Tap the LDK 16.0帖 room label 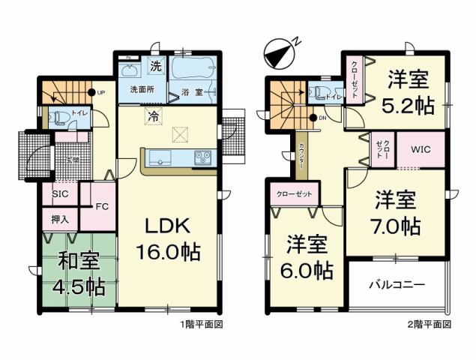166,238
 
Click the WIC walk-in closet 419,150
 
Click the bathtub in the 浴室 193,70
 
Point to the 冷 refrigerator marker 152,116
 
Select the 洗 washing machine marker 156,65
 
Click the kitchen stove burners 203,158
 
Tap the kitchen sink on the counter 160,157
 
